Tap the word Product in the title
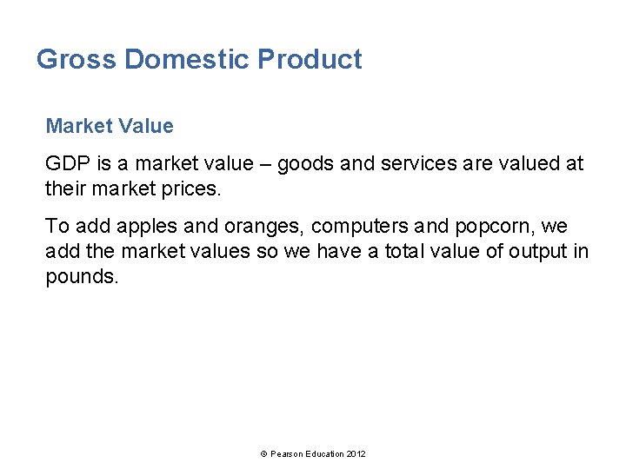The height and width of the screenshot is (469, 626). (x=310, y=60)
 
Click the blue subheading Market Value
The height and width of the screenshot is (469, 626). (x=110, y=126)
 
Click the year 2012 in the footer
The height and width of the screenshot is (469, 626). (x=356, y=454)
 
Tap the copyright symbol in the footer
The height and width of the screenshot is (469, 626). (x=263, y=454)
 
